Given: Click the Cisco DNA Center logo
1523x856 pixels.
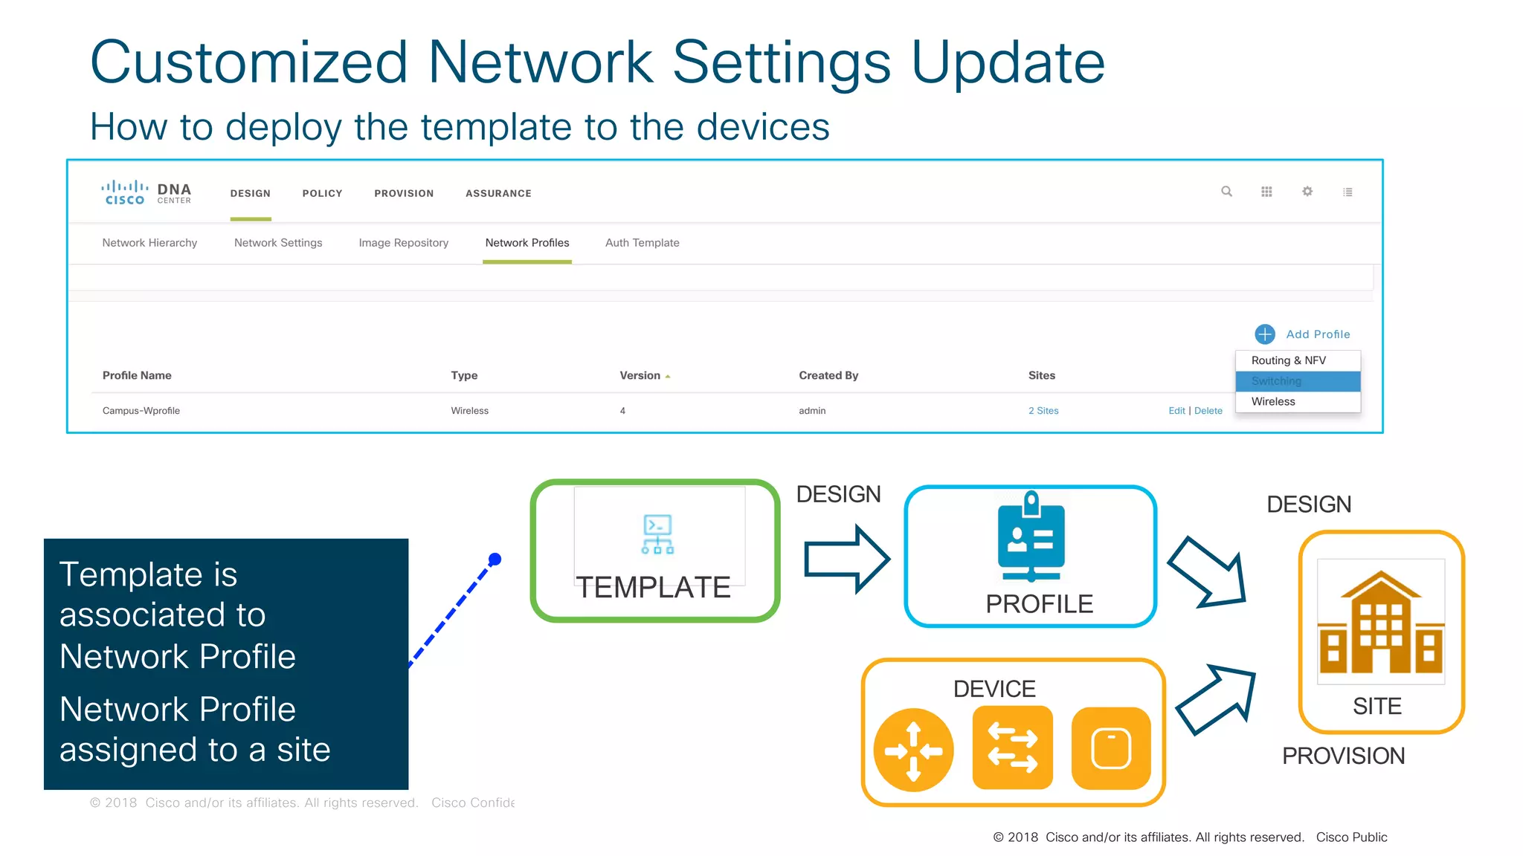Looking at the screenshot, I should click(x=146, y=192).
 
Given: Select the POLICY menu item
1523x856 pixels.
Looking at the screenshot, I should click(x=322, y=193).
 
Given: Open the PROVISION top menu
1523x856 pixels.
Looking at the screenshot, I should click(x=404, y=193).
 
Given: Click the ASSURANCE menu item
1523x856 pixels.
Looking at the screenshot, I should click(x=498, y=193).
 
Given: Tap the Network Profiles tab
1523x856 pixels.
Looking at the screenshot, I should click(x=527, y=243).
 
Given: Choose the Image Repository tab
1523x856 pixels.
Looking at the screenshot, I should click(x=403, y=243).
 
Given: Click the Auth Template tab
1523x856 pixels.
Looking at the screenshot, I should click(x=642, y=243).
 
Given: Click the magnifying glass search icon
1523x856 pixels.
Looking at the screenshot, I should click(x=1226, y=192).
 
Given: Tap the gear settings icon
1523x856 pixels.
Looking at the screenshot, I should click(x=1307, y=192).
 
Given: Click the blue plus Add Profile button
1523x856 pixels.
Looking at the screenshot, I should click(x=1265, y=334).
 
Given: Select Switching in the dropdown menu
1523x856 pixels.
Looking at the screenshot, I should click(x=1276, y=381).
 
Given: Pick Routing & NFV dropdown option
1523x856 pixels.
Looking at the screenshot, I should click(x=1288, y=360).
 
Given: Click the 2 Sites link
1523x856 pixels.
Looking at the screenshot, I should click(x=1043, y=411).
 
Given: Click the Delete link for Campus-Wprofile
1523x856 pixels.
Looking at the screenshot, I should click(x=1208, y=411).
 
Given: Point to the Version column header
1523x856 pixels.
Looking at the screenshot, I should click(x=640, y=376).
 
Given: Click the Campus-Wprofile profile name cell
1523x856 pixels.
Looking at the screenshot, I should click(x=141, y=411).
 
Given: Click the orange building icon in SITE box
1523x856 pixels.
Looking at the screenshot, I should click(x=1380, y=623).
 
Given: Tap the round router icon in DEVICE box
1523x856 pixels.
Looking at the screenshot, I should click(x=913, y=750).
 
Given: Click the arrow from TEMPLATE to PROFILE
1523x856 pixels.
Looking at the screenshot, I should click(x=846, y=559).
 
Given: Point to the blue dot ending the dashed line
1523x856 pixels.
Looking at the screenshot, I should click(x=495, y=560).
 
